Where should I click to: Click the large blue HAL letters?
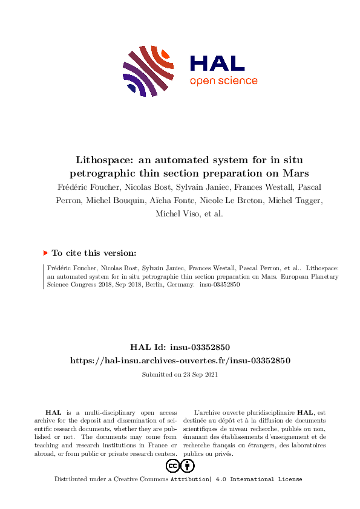point(217,63)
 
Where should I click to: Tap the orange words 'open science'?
point(223,81)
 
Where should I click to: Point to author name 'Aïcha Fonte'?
point(203,201)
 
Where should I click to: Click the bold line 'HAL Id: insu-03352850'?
point(180,347)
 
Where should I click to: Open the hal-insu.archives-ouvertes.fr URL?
point(180,360)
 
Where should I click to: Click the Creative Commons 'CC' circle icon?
point(173,465)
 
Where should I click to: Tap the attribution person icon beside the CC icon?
point(188,465)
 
